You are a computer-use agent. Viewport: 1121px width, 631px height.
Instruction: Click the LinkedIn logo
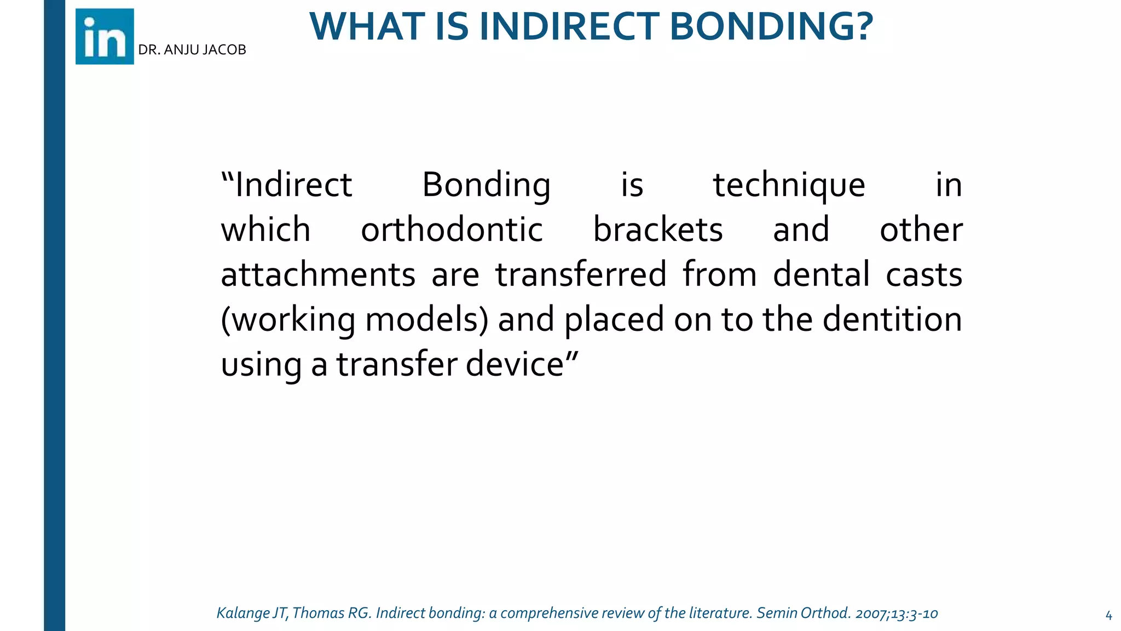point(105,37)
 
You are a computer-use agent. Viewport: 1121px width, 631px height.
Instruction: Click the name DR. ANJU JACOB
point(192,50)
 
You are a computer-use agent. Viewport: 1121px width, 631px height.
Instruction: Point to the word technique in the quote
point(789,185)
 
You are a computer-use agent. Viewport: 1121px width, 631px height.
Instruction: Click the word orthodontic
point(452,230)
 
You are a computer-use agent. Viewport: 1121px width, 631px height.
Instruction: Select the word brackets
point(658,230)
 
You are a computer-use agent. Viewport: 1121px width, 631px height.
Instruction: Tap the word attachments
point(318,275)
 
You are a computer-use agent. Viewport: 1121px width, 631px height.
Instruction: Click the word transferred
point(581,275)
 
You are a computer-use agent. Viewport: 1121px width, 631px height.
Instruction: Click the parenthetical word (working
point(288,320)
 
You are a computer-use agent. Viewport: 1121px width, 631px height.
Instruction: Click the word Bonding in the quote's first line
point(486,185)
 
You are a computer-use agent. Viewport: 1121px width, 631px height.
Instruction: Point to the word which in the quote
point(265,230)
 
